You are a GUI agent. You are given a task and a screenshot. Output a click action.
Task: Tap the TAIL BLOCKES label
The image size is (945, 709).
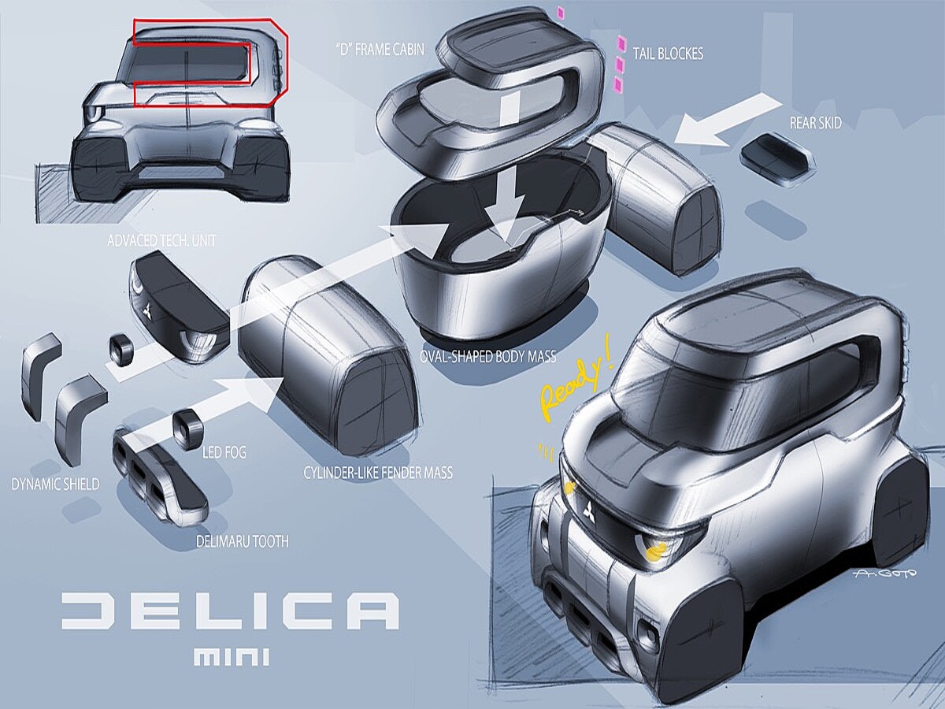668,54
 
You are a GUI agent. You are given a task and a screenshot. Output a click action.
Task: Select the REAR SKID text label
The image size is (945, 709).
815,123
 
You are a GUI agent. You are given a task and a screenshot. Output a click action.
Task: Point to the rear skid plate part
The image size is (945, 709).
777,160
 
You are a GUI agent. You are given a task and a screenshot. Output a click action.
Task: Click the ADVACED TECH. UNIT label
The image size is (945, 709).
161,240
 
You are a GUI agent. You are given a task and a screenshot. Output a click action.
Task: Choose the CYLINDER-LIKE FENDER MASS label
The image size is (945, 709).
378,473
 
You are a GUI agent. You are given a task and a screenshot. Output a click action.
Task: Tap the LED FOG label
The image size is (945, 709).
224,451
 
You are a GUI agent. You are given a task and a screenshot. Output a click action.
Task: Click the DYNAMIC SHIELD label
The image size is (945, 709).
55,484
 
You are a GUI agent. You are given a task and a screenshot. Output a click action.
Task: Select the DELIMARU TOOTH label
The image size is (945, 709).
242,541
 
